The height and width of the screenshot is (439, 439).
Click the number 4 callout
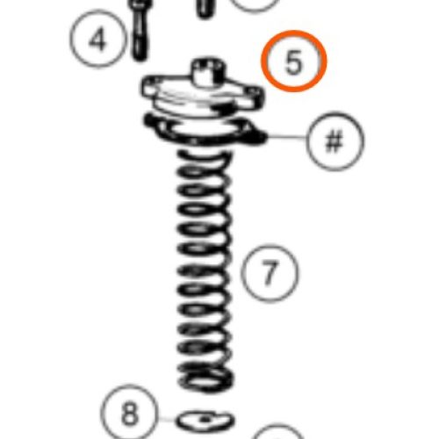click(98, 39)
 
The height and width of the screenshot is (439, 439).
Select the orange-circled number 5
click(294, 61)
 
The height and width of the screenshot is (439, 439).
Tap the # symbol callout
click(335, 141)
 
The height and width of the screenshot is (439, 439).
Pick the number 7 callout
click(270, 273)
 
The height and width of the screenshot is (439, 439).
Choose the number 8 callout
click(129, 413)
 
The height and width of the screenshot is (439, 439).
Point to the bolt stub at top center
click(205, 10)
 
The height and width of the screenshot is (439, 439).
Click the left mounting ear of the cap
click(151, 86)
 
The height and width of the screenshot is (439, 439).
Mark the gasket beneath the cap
click(205, 131)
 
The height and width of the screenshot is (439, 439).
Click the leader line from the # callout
click(286, 137)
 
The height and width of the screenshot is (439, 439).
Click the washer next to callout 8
click(205, 421)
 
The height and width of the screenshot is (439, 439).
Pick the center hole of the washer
click(205, 419)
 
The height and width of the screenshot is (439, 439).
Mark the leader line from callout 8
click(167, 419)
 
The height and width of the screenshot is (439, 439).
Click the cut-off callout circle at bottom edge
click(277, 433)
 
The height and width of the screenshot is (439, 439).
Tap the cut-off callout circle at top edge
click(255, 6)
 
